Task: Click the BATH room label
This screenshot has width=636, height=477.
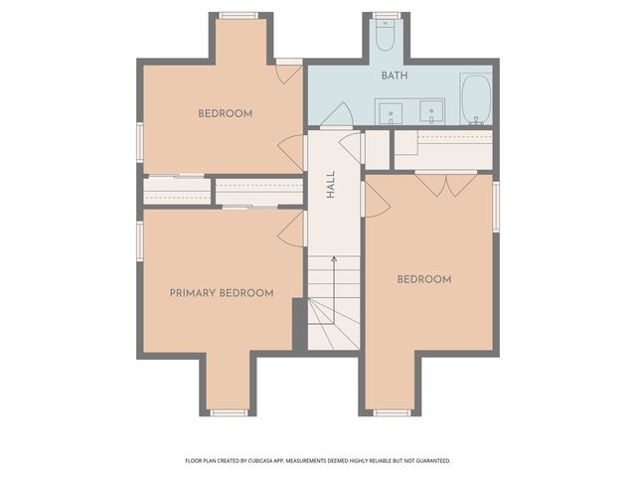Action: point(395,76)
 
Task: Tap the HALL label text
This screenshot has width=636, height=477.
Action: point(331,184)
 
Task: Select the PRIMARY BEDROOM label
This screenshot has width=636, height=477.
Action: point(222,293)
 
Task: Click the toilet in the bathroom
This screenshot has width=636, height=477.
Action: point(385,36)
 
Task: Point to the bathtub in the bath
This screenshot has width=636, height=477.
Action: point(476,99)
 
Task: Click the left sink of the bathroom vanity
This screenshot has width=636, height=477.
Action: point(391,113)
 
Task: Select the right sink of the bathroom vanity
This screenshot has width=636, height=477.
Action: point(431,112)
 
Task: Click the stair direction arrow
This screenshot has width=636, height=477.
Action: point(334,289)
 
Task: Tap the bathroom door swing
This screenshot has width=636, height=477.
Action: point(337,115)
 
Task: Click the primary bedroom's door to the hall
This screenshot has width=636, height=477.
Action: point(291,229)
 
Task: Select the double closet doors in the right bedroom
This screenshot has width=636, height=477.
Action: point(446,185)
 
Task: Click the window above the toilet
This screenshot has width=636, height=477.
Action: point(387,16)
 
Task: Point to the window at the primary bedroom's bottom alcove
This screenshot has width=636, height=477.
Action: point(229,413)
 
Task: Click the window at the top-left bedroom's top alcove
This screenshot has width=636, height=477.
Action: point(238,16)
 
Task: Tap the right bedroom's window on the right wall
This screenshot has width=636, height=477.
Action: point(496,207)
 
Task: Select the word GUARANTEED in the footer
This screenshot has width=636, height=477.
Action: point(435,461)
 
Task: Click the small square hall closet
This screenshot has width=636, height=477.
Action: point(378,150)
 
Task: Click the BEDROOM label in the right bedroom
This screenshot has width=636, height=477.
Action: point(424,279)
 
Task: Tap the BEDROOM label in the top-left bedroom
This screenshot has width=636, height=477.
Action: point(226,113)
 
